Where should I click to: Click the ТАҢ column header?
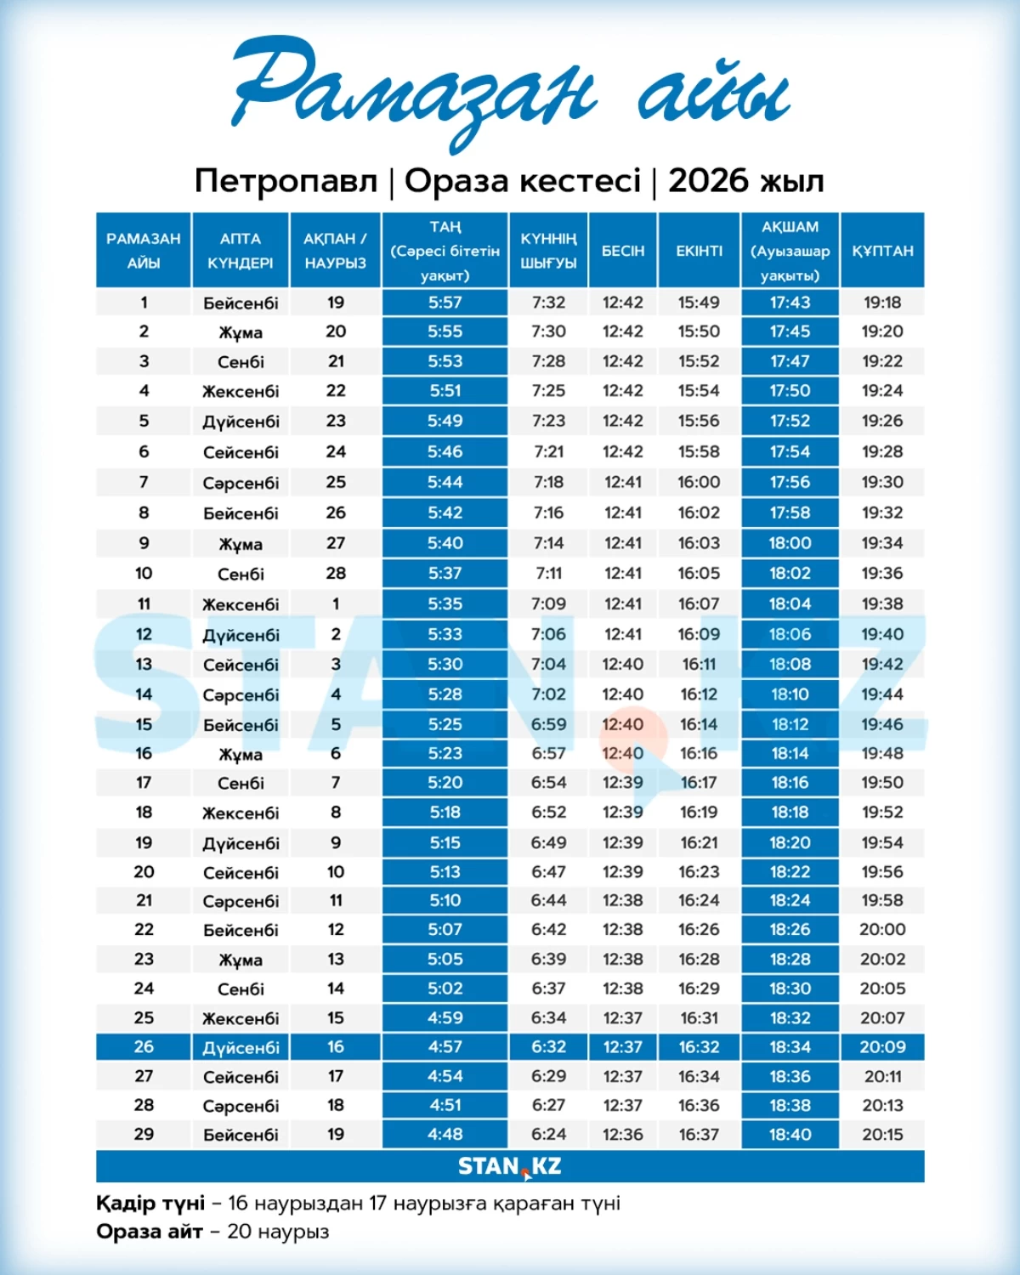pos(445,250)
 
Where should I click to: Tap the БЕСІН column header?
pos(623,251)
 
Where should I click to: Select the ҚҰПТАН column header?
pos(882,251)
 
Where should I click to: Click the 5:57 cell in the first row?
pos(445,303)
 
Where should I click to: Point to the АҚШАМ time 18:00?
pos(790,543)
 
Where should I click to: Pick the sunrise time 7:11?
pos(548,574)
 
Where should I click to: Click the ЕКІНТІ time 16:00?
pos(699,482)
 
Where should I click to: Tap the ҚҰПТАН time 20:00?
pos(882,930)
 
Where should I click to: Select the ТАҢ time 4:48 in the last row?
pos(445,1135)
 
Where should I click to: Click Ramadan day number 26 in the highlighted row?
pos(144,1047)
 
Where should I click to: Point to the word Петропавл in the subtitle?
pos(286,181)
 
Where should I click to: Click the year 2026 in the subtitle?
pos(708,181)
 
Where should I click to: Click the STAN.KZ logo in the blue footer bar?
pos(510,1166)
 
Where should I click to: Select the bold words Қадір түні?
pos(150,1204)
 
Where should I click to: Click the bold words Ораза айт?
pos(149,1232)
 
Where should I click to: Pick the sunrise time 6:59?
pos(548,725)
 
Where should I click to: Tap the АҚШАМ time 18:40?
pos(790,1135)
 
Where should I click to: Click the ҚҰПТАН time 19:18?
pos(882,303)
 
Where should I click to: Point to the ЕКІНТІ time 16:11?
pos(699,665)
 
